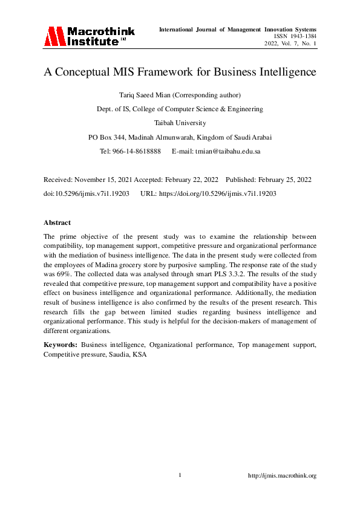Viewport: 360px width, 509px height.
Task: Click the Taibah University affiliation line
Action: pyautogui.click(x=180, y=123)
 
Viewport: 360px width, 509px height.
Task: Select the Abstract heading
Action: pyautogui.click(x=57, y=222)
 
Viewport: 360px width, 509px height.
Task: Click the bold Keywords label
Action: pyautogui.click(x=61, y=344)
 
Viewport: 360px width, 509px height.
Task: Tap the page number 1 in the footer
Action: pyautogui.click(x=180, y=475)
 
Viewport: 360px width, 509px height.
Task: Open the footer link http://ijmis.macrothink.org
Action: pyautogui.click(x=283, y=476)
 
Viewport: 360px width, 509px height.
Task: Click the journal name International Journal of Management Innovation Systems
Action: pyautogui.click(x=237, y=29)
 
